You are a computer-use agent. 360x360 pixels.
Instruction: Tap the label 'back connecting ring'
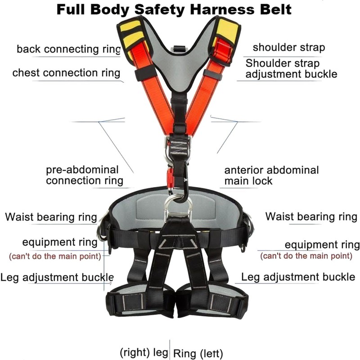coord(68,49)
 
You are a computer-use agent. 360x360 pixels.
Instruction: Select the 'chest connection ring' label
coord(66,73)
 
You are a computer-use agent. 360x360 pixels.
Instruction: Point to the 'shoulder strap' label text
coord(288,47)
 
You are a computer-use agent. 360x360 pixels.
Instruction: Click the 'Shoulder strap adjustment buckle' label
coord(291,68)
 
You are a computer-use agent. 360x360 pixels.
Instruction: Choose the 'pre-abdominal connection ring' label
coord(84,175)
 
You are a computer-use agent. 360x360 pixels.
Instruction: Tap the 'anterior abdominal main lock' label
coord(271,175)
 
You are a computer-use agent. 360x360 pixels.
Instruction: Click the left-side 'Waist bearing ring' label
coord(51,217)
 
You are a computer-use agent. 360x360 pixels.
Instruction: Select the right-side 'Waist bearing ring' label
coord(311,216)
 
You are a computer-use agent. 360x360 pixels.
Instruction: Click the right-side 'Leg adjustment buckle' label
coord(298,277)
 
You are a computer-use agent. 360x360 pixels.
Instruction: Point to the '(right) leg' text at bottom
coord(144,352)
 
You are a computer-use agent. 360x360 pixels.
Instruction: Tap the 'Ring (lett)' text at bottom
coord(198,353)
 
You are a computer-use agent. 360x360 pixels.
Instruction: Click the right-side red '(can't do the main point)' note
coord(306,256)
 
